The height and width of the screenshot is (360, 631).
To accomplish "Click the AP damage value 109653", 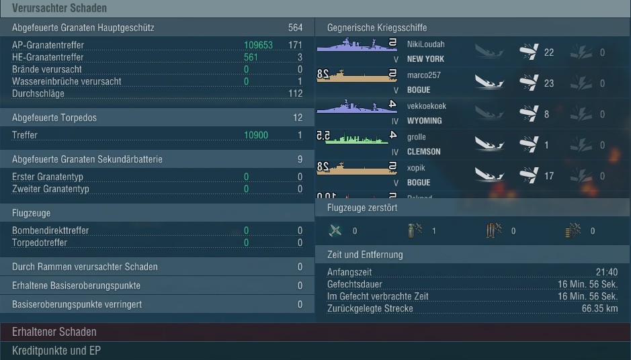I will [x=258, y=45].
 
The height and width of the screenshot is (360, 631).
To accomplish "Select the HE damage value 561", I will [x=251, y=57].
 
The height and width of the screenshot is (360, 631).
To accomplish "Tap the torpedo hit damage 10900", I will [x=256, y=135].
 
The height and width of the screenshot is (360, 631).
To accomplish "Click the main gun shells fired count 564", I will [x=295, y=28].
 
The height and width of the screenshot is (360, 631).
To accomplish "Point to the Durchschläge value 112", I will [x=295, y=93].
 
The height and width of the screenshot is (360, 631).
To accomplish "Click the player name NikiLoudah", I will [x=425, y=44].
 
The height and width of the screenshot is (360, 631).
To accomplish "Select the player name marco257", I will [x=423, y=75].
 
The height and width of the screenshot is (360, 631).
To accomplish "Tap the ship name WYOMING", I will [x=424, y=121].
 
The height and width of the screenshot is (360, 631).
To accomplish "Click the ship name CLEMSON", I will [x=424, y=152].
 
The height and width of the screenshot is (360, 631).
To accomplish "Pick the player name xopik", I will [x=416, y=168].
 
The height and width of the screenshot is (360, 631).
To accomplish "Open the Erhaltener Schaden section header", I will [x=54, y=332].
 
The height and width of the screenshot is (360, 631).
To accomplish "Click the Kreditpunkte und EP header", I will [x=56, y=351].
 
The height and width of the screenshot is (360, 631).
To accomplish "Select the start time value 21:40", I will [x=606, y=272].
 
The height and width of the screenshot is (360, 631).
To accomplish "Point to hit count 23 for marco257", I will [x=549, y=83].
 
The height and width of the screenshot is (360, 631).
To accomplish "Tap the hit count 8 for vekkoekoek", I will [x=546, y=114].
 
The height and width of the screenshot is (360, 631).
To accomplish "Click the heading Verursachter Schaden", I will [x=59, y=8].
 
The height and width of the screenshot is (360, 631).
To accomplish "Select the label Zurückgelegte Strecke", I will [x=370, y=308].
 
